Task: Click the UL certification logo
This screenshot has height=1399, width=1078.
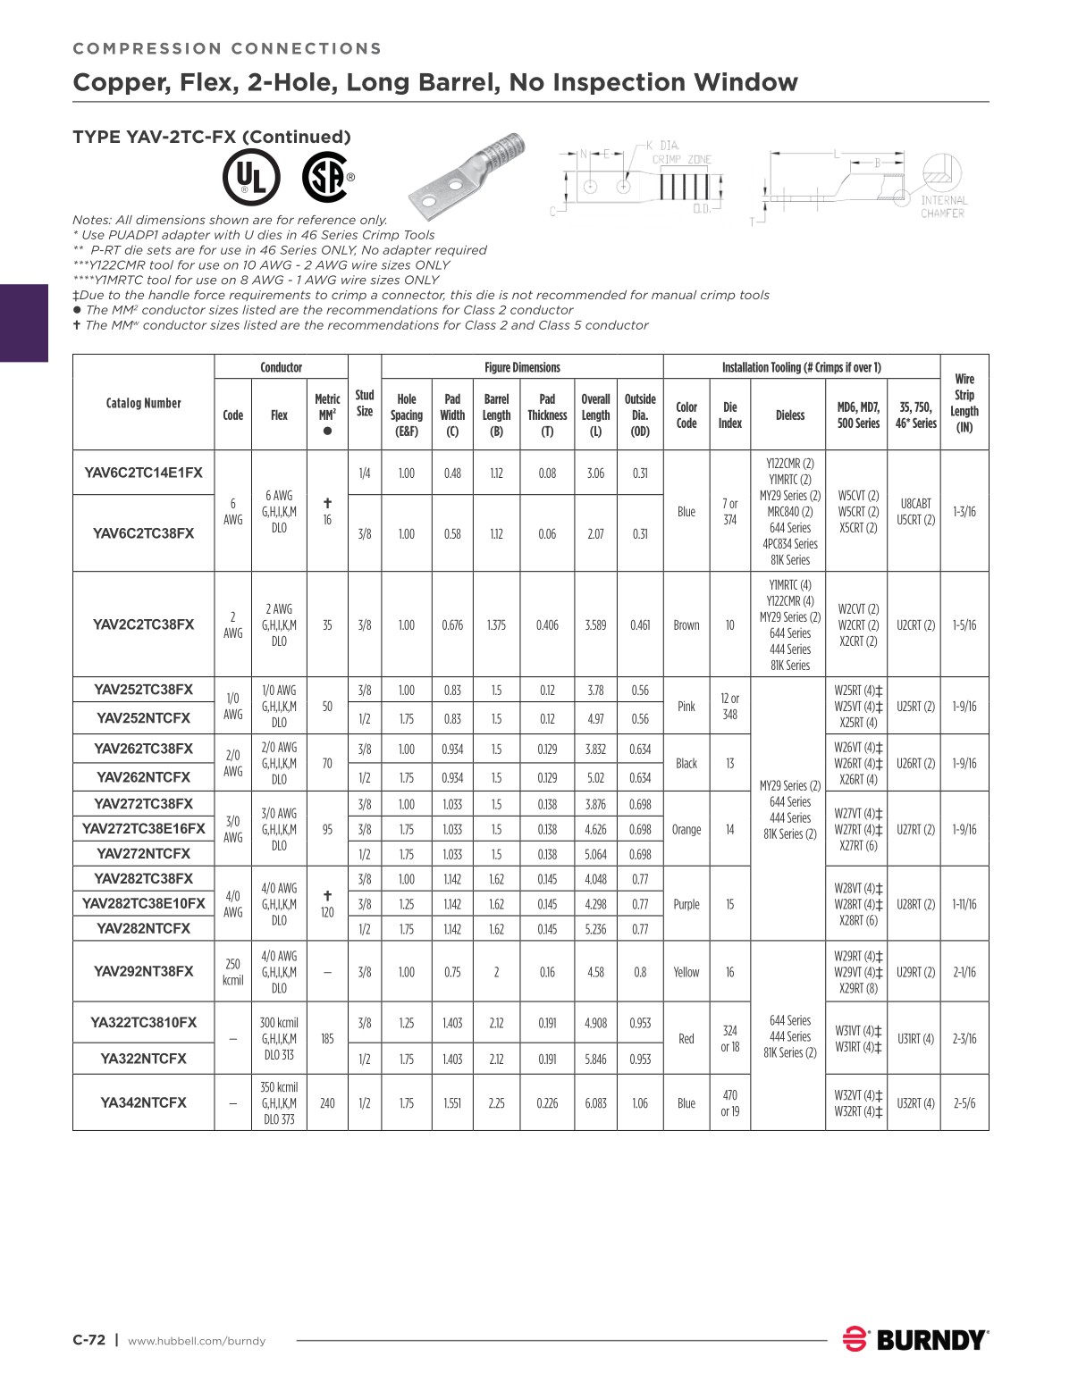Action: point(251,177)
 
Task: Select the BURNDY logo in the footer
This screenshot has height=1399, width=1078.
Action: point(915,1339)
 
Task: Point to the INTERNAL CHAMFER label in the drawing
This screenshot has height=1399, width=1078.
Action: point(943,206)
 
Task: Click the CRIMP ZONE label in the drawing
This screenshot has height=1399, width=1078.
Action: point(681,159)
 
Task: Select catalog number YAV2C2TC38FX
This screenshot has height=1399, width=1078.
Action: point(143,624)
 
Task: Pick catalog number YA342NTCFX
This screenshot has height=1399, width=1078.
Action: point(143,1102)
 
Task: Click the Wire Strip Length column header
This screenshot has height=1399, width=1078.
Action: point(964,403)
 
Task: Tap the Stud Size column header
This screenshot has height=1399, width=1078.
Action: point(364,403)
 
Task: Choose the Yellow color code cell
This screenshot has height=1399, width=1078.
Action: point(686,972)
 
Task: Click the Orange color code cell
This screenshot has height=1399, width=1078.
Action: point(686,829)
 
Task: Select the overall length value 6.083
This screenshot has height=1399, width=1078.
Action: point(595,1103)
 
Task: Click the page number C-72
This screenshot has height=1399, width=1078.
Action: point(88,1340)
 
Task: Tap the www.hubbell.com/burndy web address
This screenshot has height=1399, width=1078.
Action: point(197,1341)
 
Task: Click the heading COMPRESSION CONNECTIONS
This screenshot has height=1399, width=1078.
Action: point(227,49)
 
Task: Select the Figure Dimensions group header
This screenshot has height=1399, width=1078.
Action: point(522,367)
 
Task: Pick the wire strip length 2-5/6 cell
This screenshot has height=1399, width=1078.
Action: point(964,1103)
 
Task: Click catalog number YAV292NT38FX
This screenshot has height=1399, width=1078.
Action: point(143,971)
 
